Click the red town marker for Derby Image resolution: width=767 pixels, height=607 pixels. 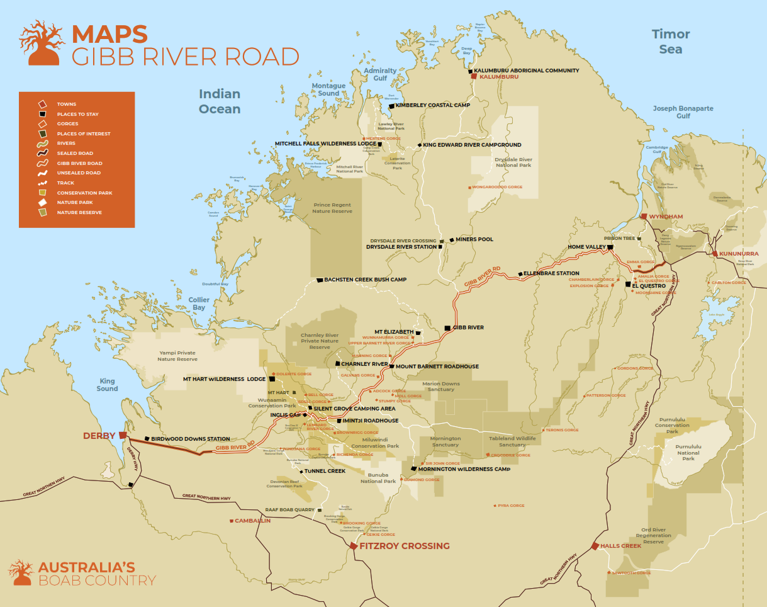click(123, 434)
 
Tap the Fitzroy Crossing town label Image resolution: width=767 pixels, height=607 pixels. click(404, 546)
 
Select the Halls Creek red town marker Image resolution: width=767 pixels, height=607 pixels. click(595, 546)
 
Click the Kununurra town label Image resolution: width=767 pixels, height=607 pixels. click(739, 254)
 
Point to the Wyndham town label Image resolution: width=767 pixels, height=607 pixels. click(666, 217)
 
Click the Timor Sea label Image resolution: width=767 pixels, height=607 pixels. click(671, 42)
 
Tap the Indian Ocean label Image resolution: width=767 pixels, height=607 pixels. click(220, 101)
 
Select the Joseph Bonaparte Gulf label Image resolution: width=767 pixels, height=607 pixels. click(683, 112)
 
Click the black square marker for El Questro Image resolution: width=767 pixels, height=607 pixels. click(627, 285)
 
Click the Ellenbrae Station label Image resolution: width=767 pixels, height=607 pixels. click(552, 274)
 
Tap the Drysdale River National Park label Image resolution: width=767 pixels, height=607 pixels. click(513, 162)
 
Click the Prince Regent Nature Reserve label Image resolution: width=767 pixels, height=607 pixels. click(332, 208)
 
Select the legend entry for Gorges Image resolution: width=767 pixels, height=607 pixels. click(66, 124)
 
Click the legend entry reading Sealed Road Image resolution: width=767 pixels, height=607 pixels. click(75, 153)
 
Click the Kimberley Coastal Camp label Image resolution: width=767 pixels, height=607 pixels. click(432, 105)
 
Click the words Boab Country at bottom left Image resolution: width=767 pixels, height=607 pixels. click(97, 581)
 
